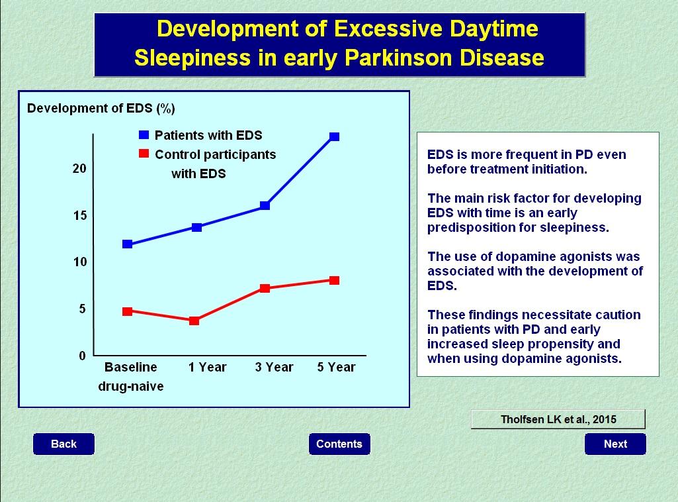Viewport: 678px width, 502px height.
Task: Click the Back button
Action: click(64, 444)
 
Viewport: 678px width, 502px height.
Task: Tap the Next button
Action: click(615, 444)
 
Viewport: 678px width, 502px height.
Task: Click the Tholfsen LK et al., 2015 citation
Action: click(558, 419)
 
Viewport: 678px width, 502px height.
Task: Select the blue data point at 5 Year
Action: click(335, 136)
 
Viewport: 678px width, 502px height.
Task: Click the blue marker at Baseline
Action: click(127, 244)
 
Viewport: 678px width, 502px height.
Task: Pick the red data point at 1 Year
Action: click(194, 321)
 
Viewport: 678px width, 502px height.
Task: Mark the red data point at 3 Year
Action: click(265, 288)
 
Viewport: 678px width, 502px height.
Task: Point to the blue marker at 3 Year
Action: click(265, 205)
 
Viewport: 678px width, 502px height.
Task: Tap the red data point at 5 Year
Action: click(335, 280)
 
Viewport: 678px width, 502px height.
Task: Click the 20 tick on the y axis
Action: click(79, 169)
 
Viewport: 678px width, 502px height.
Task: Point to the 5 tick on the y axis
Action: click(82, 309)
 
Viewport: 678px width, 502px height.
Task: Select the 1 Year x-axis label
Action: click(207, 367)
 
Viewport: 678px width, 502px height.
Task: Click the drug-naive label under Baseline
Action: click(131, 386)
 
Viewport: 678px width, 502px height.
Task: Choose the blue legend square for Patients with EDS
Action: click(143, 135)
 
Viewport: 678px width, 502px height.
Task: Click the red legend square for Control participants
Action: click(143, 154)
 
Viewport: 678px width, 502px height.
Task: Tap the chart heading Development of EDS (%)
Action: click(101, 108)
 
